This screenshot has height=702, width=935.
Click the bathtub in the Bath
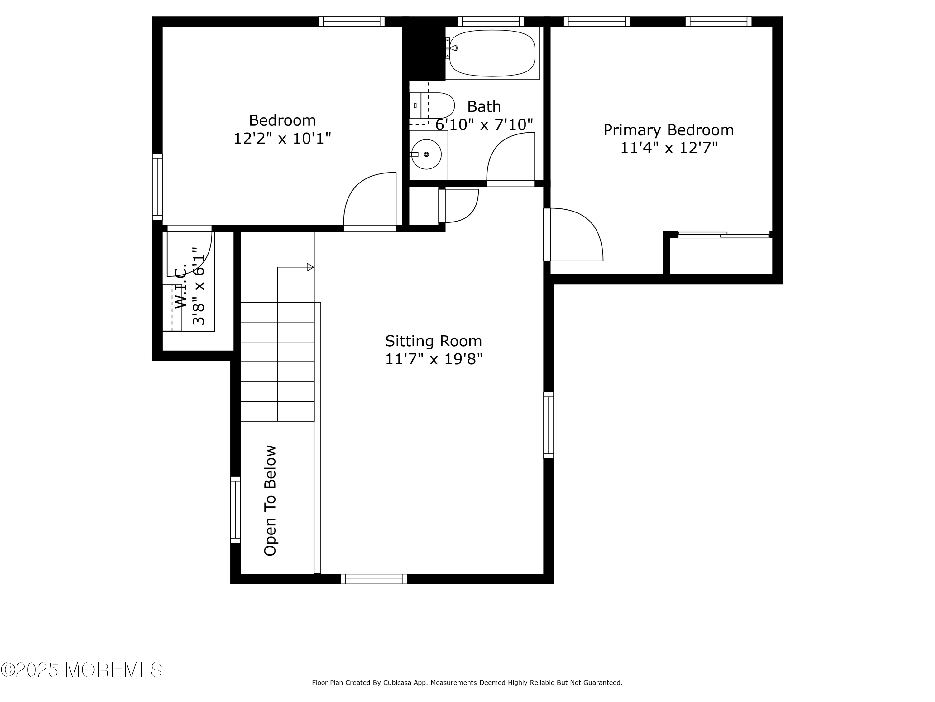pyautogui.click(x=492, y=53)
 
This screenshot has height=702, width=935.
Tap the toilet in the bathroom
pyautogui.click(x=432, y=105)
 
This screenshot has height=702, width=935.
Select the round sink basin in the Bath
pyautogui.click(x=426, y=154)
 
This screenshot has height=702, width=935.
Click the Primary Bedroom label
pyautogui.click(x=668, y=130)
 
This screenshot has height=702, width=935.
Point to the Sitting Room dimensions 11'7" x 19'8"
pyautogui.click(x=434, y=359)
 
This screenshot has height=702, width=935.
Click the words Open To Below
pyautogui.click(x=270, y=500)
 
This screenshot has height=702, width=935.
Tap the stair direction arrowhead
pyautogui.click(x=310, y=267)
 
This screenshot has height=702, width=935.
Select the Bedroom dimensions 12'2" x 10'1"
pyautogui.click(x=282, y=138)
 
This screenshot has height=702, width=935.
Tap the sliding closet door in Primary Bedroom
pyautogui.click(x=724, y=234)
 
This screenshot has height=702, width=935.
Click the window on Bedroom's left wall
pyautogui.click(x=157, y=187)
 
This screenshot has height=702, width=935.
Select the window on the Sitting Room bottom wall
pyautogui.click(x=374, y=579)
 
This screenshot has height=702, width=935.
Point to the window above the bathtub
pyautogui.click(x=491, y=21)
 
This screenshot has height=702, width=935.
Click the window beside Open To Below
pyautogui.click(x=235, y=509)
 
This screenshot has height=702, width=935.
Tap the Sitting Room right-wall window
pyautogui.click(x=549, y=425)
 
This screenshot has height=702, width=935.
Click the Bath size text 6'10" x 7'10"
pyautogui.click(x=484, y=124)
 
